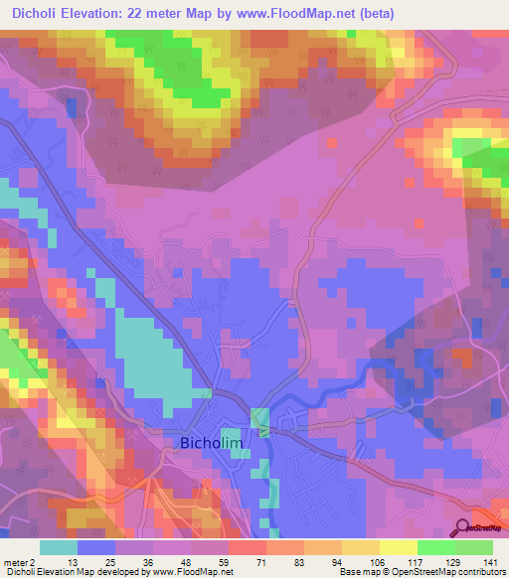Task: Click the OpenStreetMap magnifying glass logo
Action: click(x=461, y=529)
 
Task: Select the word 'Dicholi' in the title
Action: click(x=37, y=14)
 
